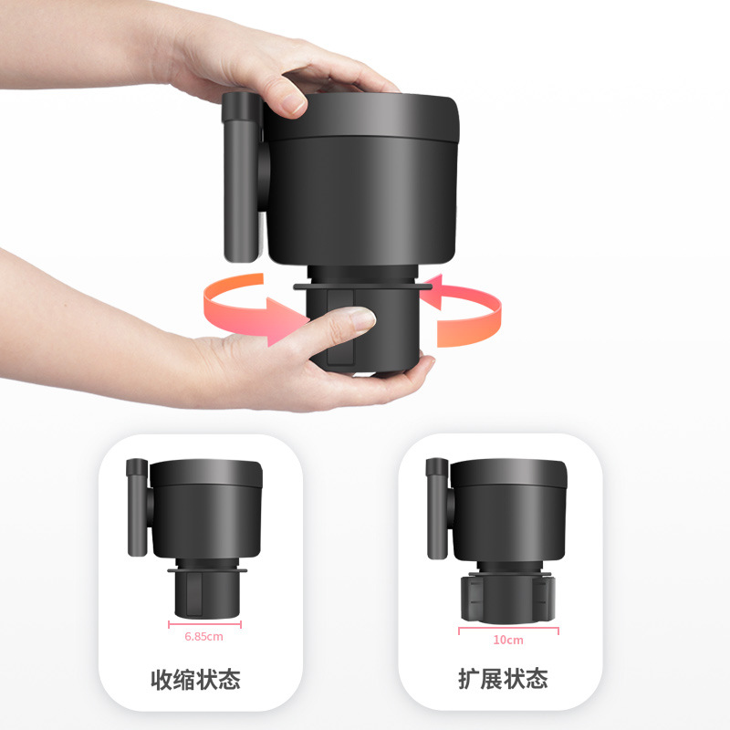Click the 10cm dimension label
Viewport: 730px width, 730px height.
[508, 640]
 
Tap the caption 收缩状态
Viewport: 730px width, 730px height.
[201, 680]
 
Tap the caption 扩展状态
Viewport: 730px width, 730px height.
[503, 680]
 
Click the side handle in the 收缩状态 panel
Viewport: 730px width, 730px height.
[138, 506]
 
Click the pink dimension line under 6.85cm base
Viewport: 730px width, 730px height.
[204, 625]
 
